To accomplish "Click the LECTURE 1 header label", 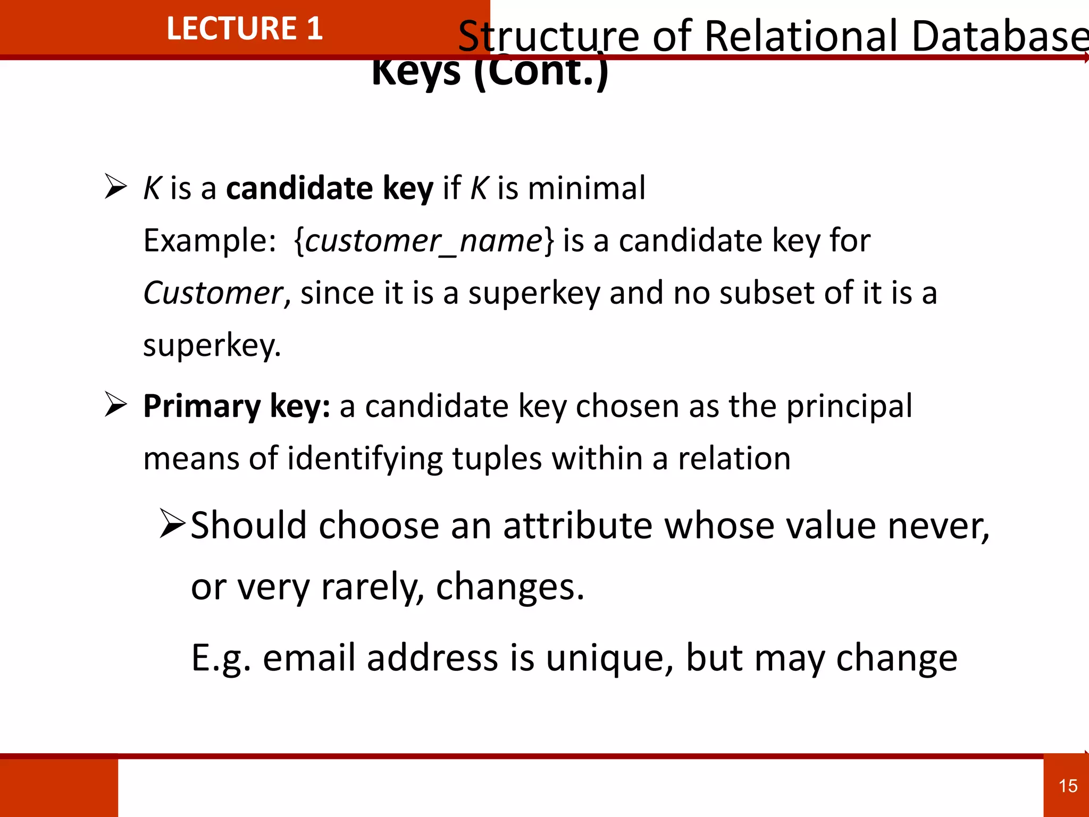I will point(244,28).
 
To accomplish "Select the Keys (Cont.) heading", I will point(490,72).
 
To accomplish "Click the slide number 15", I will point(1068,786).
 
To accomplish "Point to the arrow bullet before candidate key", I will point(115,187).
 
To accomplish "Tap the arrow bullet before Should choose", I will point(172,523).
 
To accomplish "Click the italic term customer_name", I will point(424,241).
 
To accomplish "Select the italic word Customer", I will point(213,293).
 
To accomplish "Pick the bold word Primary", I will point(202,406).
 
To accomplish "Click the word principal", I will point(849,406).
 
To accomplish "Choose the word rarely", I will point(372,588).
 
